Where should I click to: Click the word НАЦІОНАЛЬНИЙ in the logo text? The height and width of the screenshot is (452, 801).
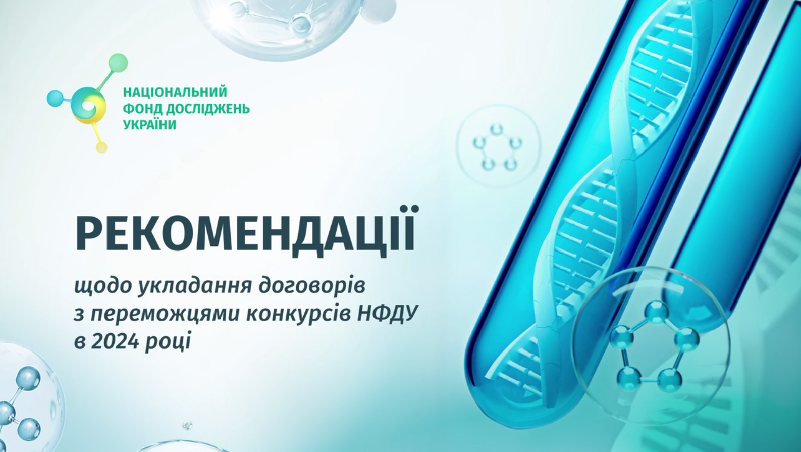tap(175, 92)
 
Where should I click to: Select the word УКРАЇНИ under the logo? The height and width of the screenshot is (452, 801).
tap(150, 125)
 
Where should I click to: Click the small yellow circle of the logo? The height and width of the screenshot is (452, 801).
tap(102, 147)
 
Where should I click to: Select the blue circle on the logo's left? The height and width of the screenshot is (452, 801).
tap(55, 98)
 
